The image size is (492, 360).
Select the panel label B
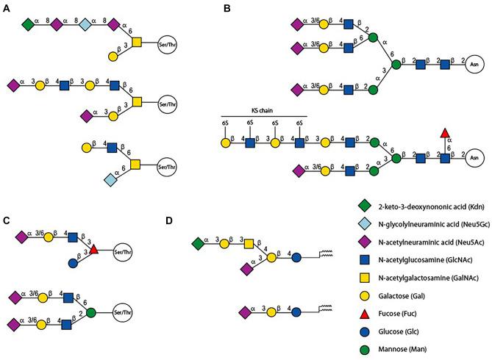(227, 8)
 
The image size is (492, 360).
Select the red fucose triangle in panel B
(444, 133)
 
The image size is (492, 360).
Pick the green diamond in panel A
(28, 26)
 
